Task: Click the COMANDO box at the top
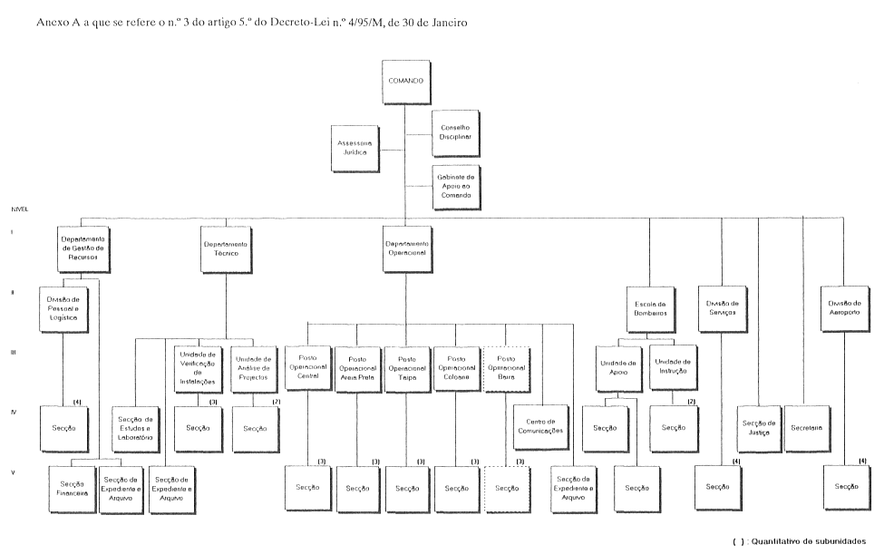coord(405,81)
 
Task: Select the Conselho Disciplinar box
coord(456,132)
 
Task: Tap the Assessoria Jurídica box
coord(355,149)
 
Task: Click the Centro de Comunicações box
coord(539,426)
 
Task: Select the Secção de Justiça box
coord(757,427)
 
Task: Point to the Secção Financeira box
coord(73,490)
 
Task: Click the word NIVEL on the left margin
coord(19,209)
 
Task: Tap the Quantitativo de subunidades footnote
coord(805,541)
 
